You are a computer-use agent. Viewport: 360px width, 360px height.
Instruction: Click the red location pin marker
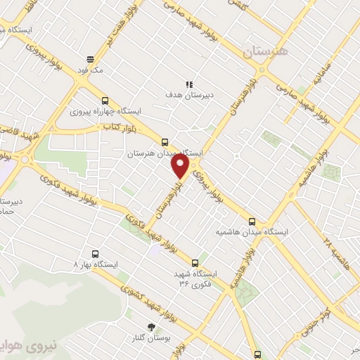point(180,166)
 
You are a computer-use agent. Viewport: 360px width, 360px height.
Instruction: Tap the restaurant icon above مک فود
point(90,60)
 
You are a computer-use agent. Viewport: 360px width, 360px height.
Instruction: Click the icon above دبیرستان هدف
point(189,82)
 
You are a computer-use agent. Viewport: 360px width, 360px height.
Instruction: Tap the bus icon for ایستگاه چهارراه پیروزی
point(105,101)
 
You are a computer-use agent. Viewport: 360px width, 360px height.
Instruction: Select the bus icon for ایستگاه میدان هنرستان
point(165,141)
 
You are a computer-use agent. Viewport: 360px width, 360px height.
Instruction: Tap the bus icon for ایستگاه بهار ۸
point(96,253)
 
